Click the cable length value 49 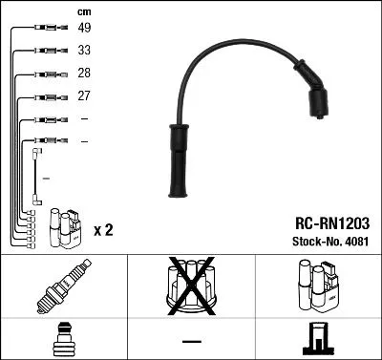[x=84, y=28]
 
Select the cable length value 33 [x=84, y=50]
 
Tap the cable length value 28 [x=84, y=73]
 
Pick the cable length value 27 [x=84, y=95]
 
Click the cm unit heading [x=83, y=11]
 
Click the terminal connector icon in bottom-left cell [x=64, y=338]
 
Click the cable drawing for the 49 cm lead [x=46, y=28]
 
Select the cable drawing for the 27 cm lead [x=46, y=95]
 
